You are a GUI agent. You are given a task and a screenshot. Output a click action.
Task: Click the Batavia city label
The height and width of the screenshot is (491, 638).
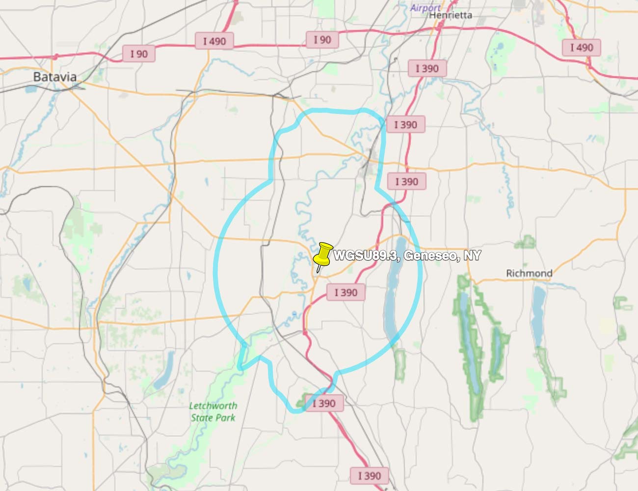coord(55,77)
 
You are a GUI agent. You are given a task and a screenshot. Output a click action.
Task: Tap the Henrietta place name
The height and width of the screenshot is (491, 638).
coord(451,15)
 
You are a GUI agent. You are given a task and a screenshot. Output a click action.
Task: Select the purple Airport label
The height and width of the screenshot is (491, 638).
coord(425,7)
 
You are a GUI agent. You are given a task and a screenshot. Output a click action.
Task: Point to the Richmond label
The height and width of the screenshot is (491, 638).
coord(529,273)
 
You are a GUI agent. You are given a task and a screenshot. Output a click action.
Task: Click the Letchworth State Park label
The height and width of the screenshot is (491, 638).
coord(213,411)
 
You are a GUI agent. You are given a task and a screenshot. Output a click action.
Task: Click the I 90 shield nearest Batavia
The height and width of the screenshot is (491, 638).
coord(139,54)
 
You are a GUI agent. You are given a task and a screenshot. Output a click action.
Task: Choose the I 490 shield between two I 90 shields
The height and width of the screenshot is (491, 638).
coord(214,41)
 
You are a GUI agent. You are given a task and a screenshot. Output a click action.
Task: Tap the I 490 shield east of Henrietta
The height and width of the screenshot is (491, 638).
coord(582,48)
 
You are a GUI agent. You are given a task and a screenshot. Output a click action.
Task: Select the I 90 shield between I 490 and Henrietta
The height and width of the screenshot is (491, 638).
coord(322,40)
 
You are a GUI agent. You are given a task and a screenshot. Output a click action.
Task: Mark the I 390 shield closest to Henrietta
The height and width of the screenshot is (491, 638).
coord(427,68)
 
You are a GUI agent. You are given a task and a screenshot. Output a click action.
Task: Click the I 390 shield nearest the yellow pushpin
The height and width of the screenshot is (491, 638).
coord(346,293)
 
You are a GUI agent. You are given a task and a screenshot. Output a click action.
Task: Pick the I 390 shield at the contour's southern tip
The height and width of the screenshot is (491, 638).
coord(324,404)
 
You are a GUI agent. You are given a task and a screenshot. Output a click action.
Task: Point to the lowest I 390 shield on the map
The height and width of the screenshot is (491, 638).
coord(370,475)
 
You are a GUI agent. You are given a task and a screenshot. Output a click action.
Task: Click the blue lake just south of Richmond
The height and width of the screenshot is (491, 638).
coord(538,314)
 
